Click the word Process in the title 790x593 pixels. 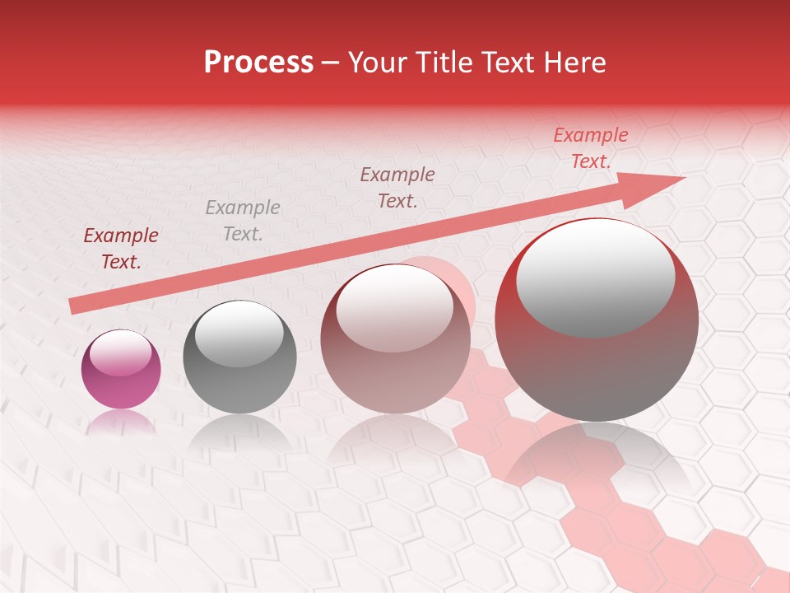click(x=258, y=63)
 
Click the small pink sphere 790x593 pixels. click(x=121, y=379)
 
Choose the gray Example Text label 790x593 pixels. click(x=243, y=221)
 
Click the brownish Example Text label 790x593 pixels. click(x=397, y=188)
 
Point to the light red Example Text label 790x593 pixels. click(x=591, y=148)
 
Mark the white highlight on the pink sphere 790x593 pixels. click(x=120, y=353)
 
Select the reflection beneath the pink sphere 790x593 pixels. click(x=120, y=423)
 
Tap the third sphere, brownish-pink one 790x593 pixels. click(x=395, y=371)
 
